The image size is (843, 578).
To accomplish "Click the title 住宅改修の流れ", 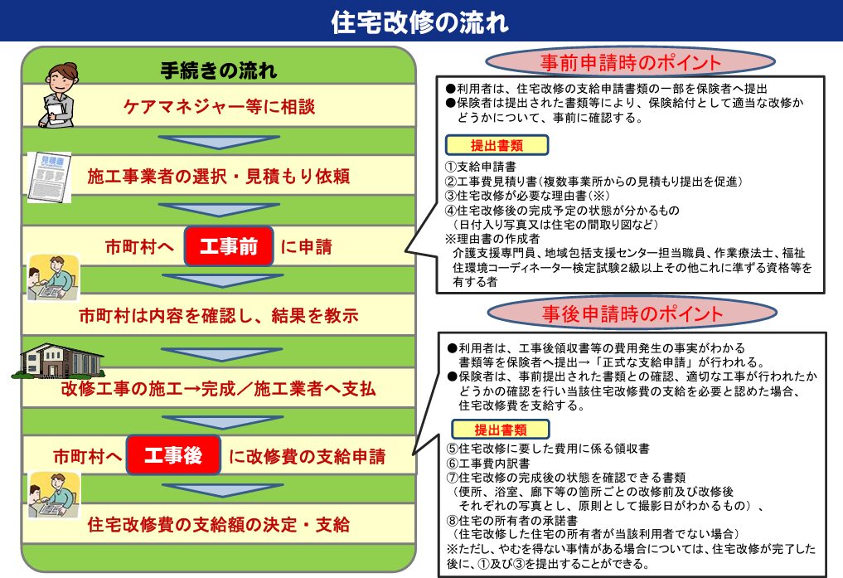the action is [x=420, y=22].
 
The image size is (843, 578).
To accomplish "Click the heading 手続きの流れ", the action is [x=219, y=70].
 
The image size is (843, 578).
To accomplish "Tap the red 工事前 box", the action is [x=229, y=246].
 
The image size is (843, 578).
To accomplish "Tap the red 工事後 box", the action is [x=173, y=455].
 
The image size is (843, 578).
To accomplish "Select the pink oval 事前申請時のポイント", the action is [x=630, y=62].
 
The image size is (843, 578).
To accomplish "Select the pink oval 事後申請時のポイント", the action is [x=632, y=313].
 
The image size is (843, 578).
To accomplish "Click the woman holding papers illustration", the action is [x=58, y=95].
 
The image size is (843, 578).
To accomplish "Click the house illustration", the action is [x=58, y=361].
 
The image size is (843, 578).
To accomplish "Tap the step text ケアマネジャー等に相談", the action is [x=219, y=106].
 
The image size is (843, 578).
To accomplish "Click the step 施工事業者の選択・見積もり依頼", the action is [x=218, y=176].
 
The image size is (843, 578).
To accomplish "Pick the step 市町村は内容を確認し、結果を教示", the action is [x=218, y=315].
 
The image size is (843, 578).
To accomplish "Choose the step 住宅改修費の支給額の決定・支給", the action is [x=218, y=524].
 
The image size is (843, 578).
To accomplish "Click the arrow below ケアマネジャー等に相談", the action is [x=219, y=142].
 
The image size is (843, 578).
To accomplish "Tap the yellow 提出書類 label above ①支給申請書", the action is [x=497, y=145].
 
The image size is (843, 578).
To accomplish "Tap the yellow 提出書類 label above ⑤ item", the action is [x=501, y=430].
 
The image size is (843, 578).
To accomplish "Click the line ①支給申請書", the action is [x=481, y=167].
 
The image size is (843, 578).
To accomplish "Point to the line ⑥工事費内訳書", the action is [x=488, y=463].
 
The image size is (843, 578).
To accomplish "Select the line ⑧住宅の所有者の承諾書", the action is [x=511, y=520].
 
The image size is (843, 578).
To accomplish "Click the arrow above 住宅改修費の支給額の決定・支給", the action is [x=223, y=490].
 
